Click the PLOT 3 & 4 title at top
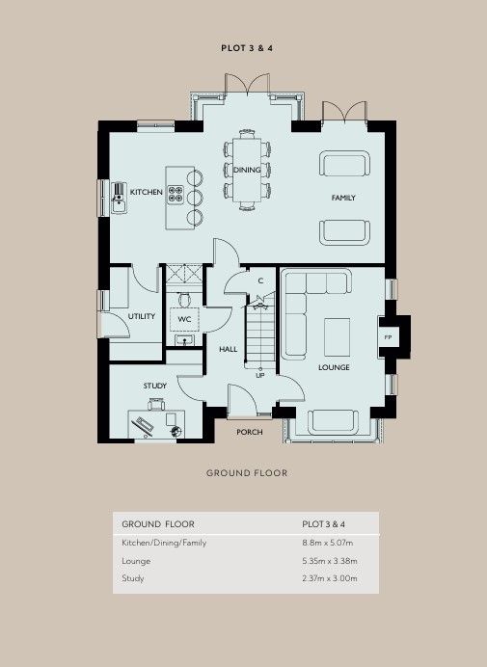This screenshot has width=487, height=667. pos(247,48)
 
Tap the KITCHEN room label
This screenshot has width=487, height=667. pos(146,192)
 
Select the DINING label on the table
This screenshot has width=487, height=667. pos(247,170)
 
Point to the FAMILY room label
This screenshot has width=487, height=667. pos(343,198)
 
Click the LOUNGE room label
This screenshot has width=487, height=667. pos(334,367)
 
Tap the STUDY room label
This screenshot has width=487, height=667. pos(155,386)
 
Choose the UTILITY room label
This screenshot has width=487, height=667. pos(142,316)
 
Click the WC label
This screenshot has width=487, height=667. pos(184,319)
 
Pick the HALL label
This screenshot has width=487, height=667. pos(229,349)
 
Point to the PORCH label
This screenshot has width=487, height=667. pos(250,432)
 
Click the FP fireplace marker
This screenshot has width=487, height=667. pos(388,337)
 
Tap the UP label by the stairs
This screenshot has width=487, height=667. pos(259,375)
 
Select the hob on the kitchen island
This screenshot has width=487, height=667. pos(175,194)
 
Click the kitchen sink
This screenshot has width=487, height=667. pos(119,198)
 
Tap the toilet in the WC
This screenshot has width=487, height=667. pos(184,300)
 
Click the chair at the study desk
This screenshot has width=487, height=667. pos(156,404)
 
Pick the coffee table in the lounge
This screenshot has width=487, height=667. pos(338,337)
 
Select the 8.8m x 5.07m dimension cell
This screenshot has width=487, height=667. pos(327,543)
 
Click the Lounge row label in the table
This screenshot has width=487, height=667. pos(136,561)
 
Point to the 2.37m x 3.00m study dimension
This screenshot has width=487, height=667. pos(330,578)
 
